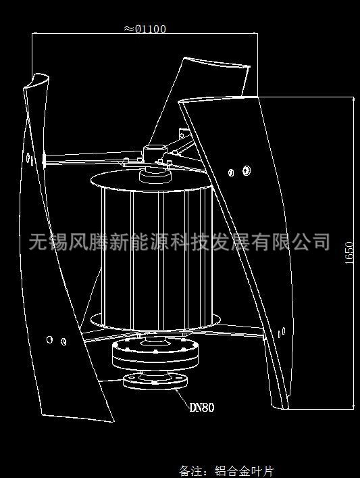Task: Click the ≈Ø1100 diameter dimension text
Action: [x=145, y=29]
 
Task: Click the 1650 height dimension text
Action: [x=349, y=253]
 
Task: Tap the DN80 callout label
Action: [x=202, y=408]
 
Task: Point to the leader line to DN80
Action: [x=182, y=398]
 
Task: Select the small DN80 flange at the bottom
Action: [x=155, y=381]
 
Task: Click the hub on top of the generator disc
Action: [x=155, y=176]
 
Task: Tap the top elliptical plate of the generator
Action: [x=151, y=181]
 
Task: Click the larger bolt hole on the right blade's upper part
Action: [x=247, y=170]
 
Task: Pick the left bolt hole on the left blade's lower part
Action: [x=50, y=339]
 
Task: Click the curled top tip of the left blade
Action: [x=36, y=81]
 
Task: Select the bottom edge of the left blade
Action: [x=78, y=418]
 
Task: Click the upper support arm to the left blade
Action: [x=93, y=157]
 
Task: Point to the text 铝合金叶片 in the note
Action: [x=245, y=471]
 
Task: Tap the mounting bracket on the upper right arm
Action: [x=184, y=133]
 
